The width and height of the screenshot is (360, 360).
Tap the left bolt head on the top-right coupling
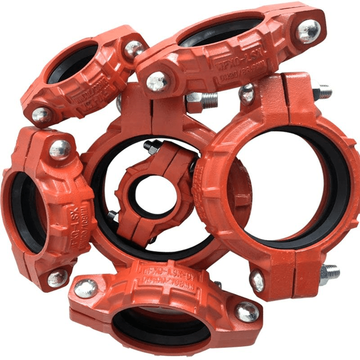point(157,82)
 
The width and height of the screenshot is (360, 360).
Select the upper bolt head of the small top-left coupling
point(134,49)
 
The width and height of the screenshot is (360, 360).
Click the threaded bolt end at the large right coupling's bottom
point(330,271)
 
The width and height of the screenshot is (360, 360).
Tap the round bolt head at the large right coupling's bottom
point(257,280)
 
